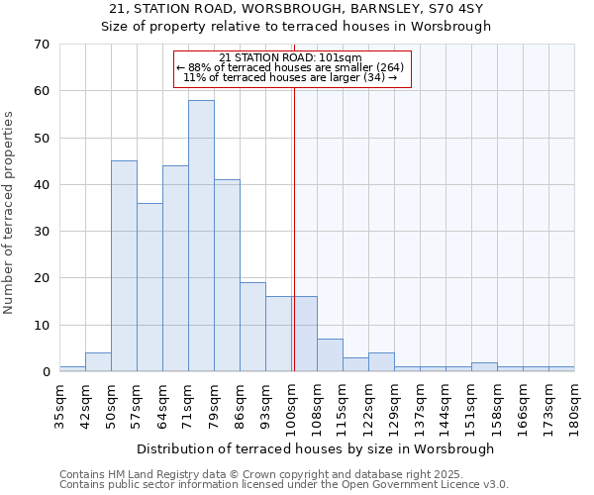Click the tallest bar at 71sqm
(x=201, y=236)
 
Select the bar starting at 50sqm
(x=124, y=266)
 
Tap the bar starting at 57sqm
(x=149, y=287)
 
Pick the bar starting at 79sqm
(x=227, y=275)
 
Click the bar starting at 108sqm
(x=330, y=354)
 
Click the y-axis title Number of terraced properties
(x=10, y=213)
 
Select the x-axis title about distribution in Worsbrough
(x=316, y=448)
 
